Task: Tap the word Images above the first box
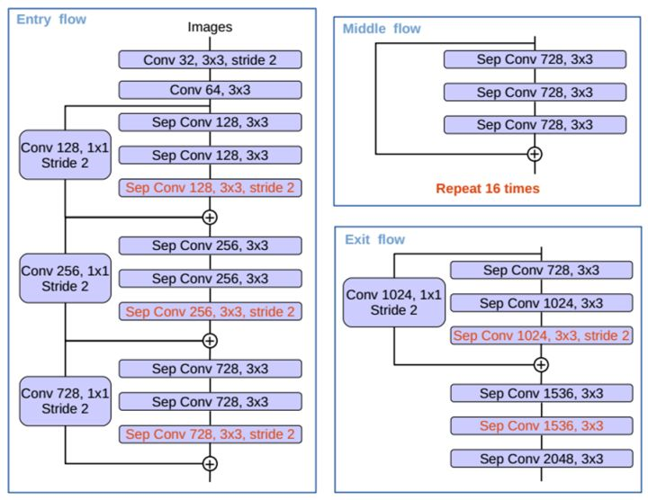point(210,28)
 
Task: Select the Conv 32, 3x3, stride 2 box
point(210,59)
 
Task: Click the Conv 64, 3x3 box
point(210,90)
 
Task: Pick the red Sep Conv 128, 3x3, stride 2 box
point(210,188)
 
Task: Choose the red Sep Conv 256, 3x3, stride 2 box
point(210,311)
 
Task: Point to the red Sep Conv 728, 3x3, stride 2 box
point(210,433)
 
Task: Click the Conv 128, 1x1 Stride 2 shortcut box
point(66,155)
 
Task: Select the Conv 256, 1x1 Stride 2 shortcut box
point(66,278)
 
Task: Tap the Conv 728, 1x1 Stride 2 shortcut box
point(66,401)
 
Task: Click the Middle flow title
point(382,29)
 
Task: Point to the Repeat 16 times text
point(487,189)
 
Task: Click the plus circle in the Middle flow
point(535,154)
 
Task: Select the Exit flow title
point(374,239)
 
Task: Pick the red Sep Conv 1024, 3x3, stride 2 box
point(541,335)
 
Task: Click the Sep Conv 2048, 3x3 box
point(541,459)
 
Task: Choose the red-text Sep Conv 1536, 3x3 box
point(541,425)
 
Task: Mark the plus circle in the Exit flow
point(541,364)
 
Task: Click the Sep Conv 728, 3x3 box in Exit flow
point(541,270)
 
